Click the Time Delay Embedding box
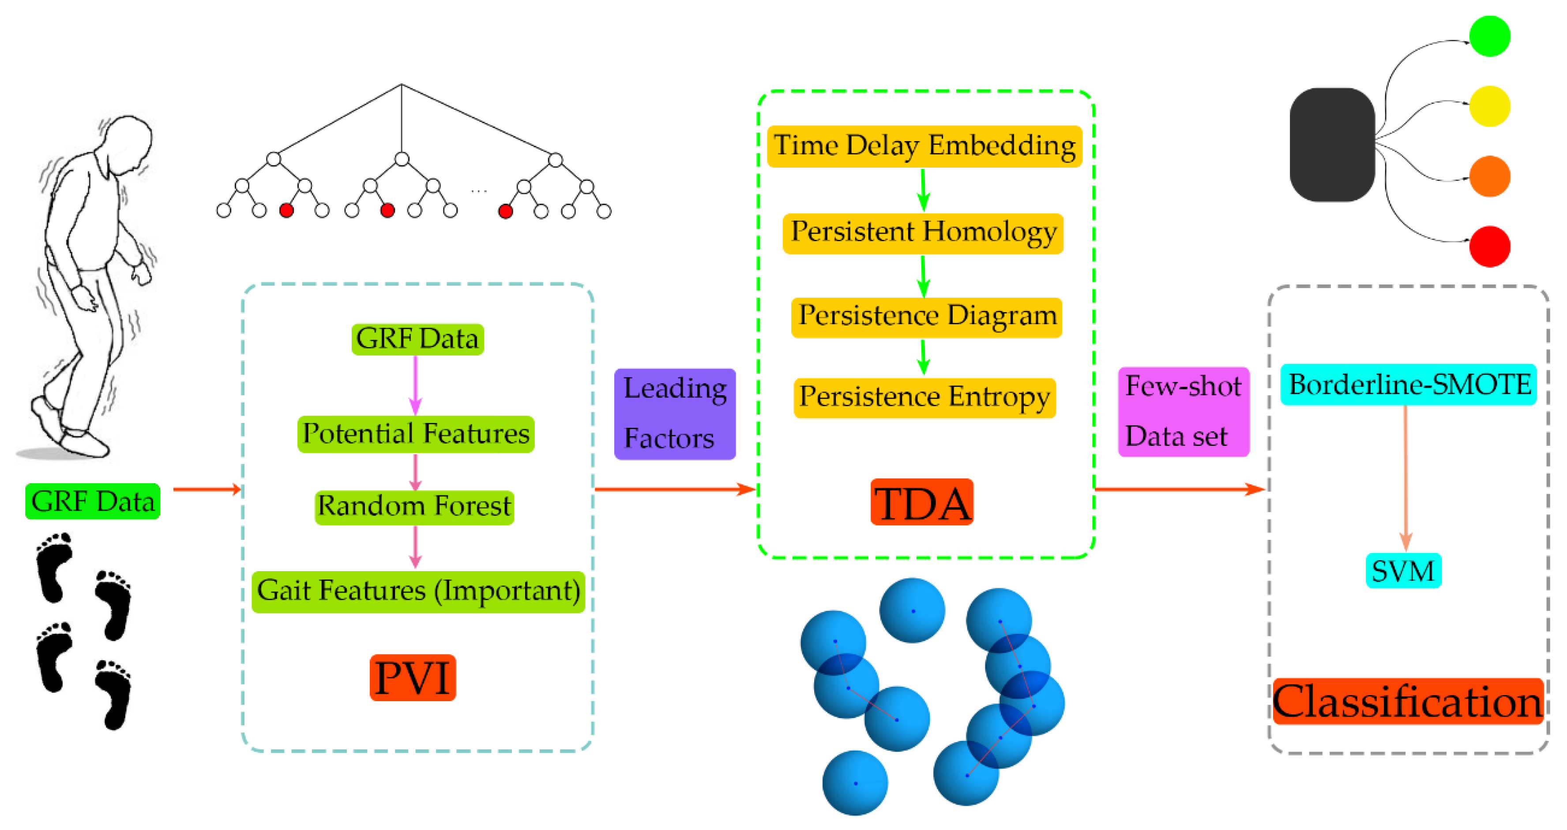click(x=924, y=146)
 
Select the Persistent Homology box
click(x=923, y=233)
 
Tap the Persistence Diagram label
click(x=926, y=317)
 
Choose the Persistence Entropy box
click(x=924, y=398)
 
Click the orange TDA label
click(x=921, y=502)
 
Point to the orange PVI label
click(x=413, y=677)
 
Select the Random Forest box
click(x=414, y=507)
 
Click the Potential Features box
click(x=416, y=434)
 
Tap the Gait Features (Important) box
click(x=418, y=591)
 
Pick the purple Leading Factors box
click(x=675, y=414)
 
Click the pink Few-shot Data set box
click(x=1183, y=411)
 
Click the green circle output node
click(x=1489, y=36)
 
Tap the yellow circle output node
click(x=1489, y=106)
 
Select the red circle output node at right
click(x=1489, y=246)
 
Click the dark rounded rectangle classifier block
click(x=1332, y=144)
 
